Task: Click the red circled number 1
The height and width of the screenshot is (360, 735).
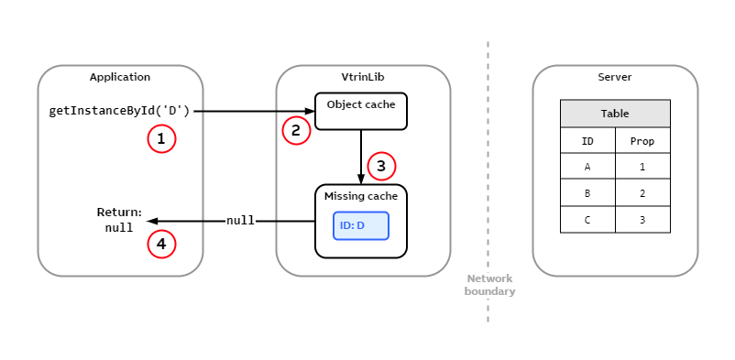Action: [161, 139]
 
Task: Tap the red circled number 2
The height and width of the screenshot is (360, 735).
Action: [295, 131]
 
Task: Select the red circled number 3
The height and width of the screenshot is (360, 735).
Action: [381, 166]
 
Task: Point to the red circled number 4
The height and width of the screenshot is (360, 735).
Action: [161, 244]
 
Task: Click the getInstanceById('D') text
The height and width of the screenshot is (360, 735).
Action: [119, 111]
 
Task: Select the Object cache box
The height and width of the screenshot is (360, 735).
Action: [360, 111]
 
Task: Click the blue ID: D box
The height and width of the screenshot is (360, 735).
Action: [361, 225]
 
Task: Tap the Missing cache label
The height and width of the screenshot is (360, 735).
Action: [360, 197]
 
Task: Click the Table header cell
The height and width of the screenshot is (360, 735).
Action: [615, 114]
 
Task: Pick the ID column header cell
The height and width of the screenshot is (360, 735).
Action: [587, 141]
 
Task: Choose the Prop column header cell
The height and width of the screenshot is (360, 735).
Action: [642, 141]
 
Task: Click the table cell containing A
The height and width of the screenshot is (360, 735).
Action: [587, 167]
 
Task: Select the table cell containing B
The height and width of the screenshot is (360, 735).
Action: [587, 193]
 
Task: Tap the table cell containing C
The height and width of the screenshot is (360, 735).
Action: [587, 220]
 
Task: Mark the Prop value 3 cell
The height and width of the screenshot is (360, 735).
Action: [642, 220]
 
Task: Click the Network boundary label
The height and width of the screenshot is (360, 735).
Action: [489, 285]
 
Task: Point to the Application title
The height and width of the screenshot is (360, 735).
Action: [120, 77]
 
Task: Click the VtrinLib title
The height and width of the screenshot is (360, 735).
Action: [363, 77]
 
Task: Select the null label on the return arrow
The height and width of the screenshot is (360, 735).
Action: [240, 221]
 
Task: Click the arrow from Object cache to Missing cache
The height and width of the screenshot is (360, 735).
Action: [361, 156]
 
